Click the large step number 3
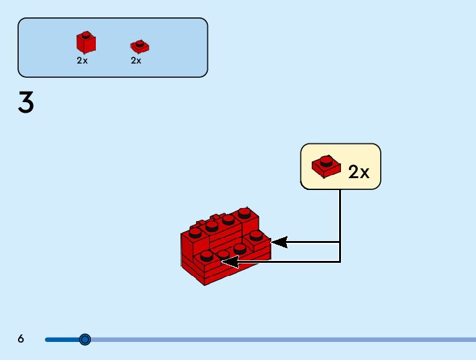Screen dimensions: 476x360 26,102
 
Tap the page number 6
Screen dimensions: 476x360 21,338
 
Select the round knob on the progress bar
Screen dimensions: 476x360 85,339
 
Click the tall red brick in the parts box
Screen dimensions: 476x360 86,42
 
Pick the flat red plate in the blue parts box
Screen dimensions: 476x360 139,47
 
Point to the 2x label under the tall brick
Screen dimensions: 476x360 82,60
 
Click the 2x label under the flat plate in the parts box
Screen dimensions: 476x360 136,60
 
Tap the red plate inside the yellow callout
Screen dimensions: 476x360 326,166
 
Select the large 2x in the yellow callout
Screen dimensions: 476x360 358,172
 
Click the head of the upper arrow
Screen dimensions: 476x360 279,242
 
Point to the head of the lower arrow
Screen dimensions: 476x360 230,262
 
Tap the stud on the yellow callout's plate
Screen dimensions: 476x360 326,161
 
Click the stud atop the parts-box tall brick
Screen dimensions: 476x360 86,35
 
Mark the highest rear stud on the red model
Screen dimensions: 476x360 245,213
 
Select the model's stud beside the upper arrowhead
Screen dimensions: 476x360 256,235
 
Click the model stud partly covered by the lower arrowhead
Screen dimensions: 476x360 223,255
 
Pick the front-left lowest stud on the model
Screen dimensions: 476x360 207,256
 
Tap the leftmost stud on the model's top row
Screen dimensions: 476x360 195,233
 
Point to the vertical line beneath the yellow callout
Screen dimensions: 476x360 340,225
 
